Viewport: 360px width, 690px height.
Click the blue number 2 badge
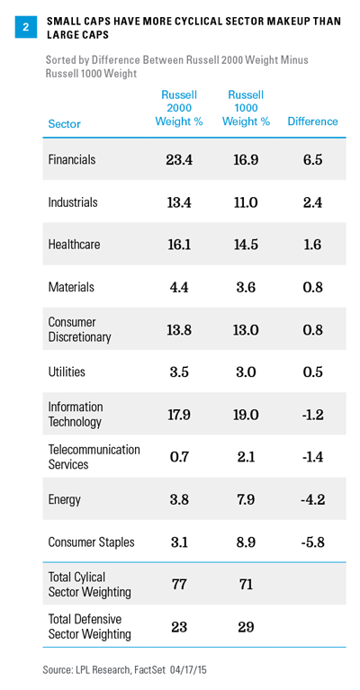coord(25,27)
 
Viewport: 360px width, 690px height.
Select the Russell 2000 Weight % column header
coord(179,108)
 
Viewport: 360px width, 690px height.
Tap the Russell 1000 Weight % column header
coord(246,108)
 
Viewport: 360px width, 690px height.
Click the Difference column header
coord(313,121)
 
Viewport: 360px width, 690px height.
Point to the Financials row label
coord(72,159)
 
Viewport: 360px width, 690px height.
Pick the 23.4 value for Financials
coord(179,160)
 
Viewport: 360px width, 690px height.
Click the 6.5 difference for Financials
coord(313,160)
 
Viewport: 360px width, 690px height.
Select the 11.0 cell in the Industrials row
coord(246,202)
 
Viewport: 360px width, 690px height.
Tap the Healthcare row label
coord(74,244)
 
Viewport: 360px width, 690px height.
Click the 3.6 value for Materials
coord(246,287)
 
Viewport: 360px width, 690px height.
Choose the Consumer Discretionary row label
coord(79,329)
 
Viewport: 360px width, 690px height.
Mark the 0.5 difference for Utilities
coord(313,372)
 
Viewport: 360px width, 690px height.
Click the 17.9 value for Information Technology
coord(179,415)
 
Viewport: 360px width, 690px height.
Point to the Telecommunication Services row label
coord(94,457)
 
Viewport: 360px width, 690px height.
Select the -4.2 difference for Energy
coord(313,500)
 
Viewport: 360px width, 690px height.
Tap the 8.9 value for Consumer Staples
coord(246,542)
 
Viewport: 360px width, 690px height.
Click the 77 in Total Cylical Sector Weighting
coord(179,585)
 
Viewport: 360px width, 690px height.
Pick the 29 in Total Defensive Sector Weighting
coord(246,627)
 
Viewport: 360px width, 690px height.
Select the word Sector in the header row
coord(64,124)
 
